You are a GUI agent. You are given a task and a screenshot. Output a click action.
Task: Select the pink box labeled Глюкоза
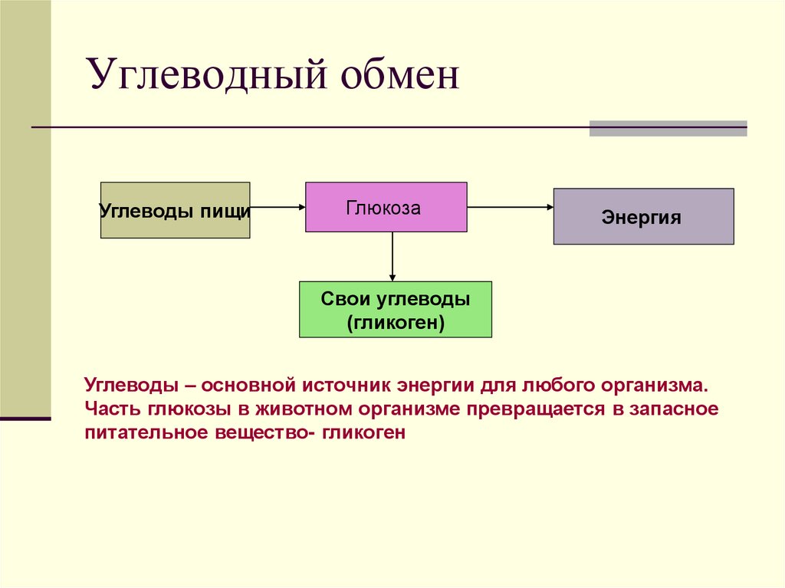[386, 207]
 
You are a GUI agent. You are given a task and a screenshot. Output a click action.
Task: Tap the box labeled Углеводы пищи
[175, 210]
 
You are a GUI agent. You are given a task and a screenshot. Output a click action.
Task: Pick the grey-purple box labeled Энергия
[642, 216]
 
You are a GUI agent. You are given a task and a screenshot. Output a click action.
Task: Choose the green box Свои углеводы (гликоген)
[395, 309]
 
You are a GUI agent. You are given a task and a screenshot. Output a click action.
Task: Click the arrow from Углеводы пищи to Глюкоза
[278, 207]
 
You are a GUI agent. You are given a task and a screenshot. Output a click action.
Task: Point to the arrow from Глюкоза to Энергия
[510, 207]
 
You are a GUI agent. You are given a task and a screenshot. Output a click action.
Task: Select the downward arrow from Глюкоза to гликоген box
[392, 257]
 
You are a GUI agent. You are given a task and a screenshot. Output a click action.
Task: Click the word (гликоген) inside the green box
[395, 323]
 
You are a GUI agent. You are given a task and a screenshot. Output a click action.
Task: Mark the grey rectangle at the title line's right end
[668, 128]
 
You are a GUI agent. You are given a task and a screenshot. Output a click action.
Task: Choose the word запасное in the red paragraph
[675, 408]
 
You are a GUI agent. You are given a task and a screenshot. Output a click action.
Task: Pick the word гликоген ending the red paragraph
[363, 432]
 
